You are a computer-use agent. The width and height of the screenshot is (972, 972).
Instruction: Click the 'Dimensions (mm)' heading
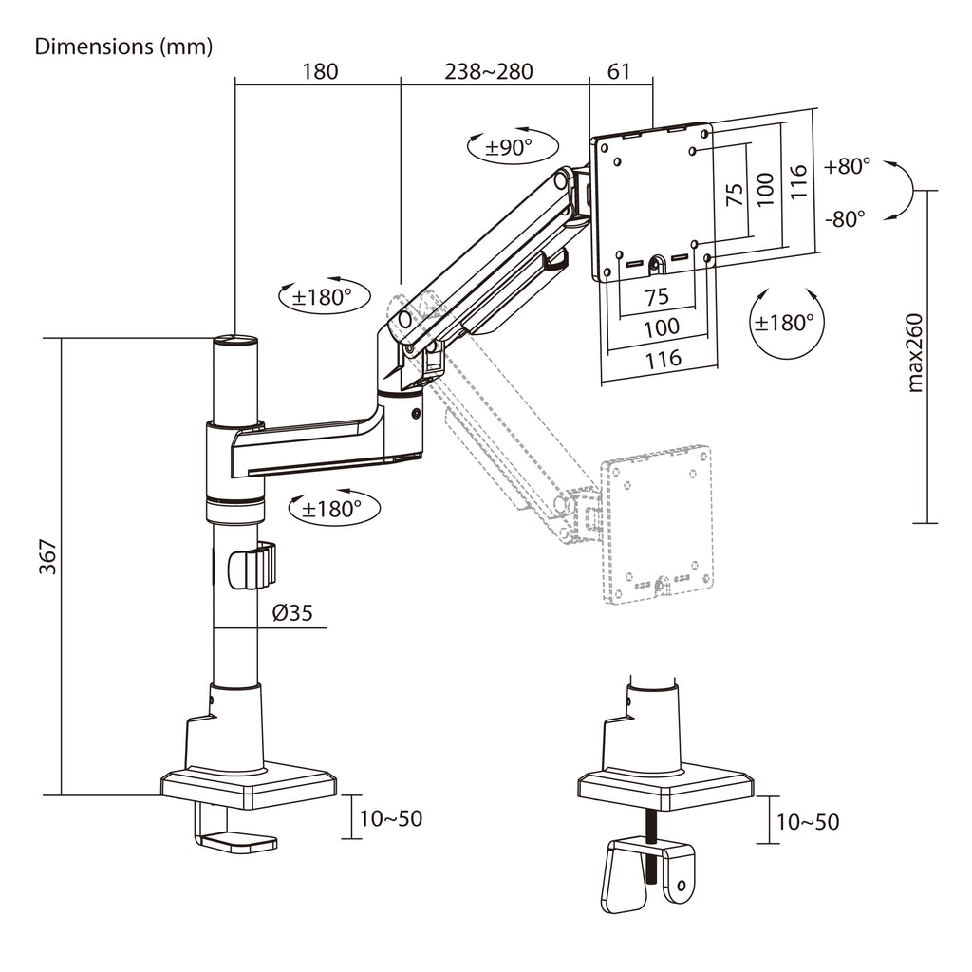point(123,47)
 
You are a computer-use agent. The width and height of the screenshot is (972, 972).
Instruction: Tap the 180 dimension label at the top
point(320,71)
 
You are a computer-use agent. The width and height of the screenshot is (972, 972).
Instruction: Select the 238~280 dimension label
point(489,71)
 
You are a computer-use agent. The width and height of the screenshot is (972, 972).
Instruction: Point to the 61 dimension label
point(619,71)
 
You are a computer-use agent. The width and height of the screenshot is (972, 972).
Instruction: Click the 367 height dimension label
point(47,556)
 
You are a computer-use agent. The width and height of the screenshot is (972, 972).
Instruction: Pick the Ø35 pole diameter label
point(292,612)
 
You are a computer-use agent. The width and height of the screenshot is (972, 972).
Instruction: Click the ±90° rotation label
point(509,147)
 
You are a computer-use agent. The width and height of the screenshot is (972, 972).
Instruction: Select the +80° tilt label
point(847,166)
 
